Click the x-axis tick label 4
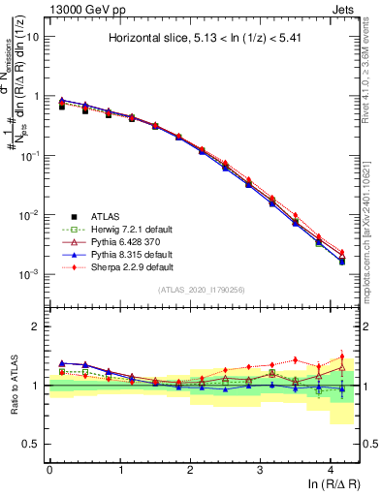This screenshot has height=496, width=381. pos(331,469)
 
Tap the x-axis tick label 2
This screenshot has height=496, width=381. pos(190,469)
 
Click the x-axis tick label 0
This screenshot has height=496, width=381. pos(49,469)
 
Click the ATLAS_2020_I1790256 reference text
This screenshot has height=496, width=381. pos(202,290)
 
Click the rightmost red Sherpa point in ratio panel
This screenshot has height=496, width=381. pos(341,356)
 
